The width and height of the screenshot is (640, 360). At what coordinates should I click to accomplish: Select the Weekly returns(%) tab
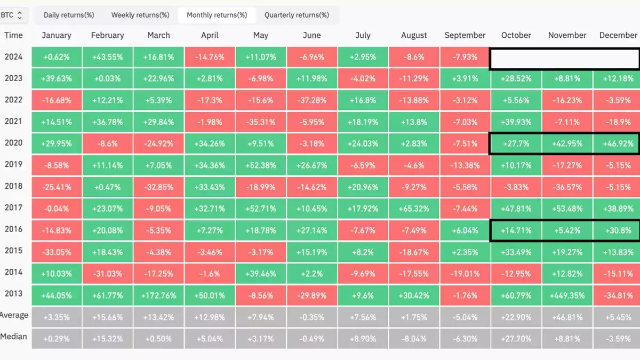(x=140, y=15)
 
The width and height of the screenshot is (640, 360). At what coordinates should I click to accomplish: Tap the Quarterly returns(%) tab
(x=297, y=15)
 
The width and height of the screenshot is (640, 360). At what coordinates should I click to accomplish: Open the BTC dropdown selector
(x=12, y=15)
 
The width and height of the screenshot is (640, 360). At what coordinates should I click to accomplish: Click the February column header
(x=108, y=35)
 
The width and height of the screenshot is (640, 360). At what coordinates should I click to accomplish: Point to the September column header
(x=465, y=35)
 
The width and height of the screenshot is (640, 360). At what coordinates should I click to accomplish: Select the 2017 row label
(x=13, y=207)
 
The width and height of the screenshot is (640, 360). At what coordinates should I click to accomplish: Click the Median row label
(x=14, y=337)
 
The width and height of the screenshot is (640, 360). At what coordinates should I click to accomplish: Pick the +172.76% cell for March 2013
(x=158, y=295)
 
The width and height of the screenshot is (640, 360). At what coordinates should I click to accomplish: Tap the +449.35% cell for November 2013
(x=567, y=295)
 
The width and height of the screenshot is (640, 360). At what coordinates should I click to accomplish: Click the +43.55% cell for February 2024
(x=108, y=57)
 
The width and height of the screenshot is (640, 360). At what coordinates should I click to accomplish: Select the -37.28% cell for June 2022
(x=312, y=100)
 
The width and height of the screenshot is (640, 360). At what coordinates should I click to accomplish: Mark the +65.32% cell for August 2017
(x=414, y=209)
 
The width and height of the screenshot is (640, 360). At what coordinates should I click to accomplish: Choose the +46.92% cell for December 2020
(x=618, y=143)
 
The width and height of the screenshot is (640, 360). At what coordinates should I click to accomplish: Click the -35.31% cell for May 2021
(x=261, y=122)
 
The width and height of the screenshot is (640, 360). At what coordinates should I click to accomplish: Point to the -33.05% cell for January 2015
(x=57, y=252)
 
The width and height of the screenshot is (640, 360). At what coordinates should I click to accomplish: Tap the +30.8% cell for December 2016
(x=618, y=230)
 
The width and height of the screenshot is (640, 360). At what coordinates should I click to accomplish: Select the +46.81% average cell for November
(x=567, y=317)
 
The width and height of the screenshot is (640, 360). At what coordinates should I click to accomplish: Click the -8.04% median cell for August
(x=414, y=338)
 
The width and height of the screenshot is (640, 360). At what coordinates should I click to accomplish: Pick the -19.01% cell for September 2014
(x=465, y=274)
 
